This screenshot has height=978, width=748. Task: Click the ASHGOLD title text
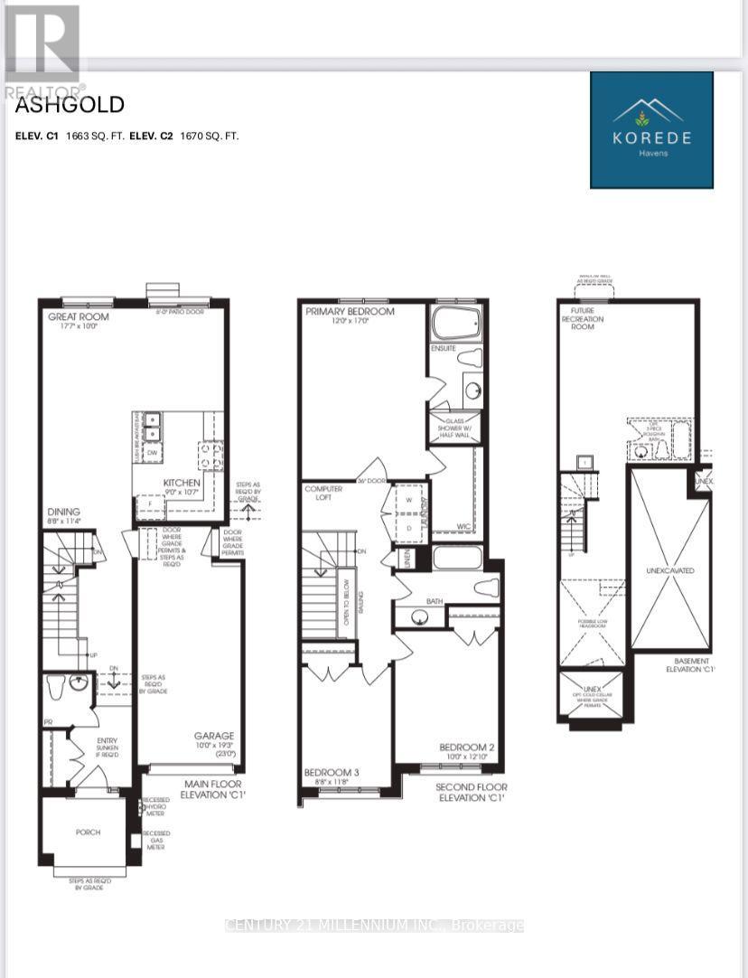tap(70, 105)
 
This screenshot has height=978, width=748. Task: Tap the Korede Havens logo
tap(651, 130)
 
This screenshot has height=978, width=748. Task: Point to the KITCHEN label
tap(182, 483)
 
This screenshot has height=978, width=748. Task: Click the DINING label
tap(64, 512)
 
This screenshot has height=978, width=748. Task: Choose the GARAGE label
tap(214, 736)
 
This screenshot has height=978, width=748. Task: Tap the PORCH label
tap(88, 832)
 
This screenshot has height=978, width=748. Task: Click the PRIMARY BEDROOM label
tap(350, 312)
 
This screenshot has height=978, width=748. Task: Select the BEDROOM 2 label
tap(465, 747)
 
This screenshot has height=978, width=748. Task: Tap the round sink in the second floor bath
tap(417, 617)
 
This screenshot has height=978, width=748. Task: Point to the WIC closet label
tap(464, 525)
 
